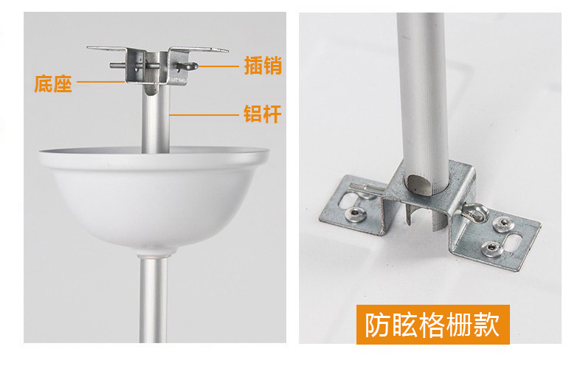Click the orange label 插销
[x=263, y=66]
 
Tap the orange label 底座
[x=53, y=83]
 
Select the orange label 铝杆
[x=263, y=114]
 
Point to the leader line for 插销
[x=218, y=66]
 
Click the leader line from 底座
[x=100, y=81]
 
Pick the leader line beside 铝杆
[x=204, y=115]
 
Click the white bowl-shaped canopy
[x=154, y=197]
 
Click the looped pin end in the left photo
[x=187, y=67]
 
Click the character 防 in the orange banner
[x=377, y=325]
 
